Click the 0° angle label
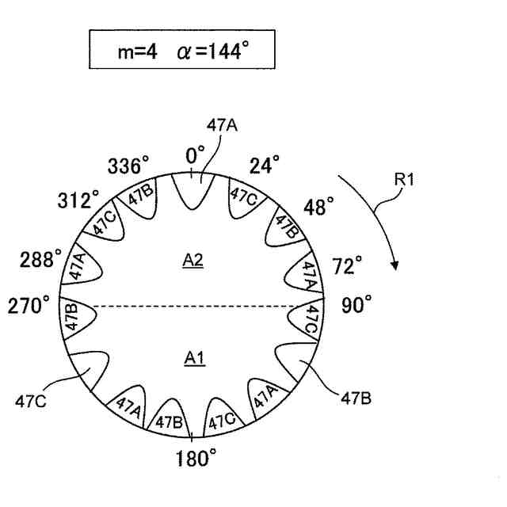tap(195, 156)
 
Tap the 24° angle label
tap(265, 166)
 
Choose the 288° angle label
tap(37, 261)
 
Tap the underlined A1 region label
tap(195, 359)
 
